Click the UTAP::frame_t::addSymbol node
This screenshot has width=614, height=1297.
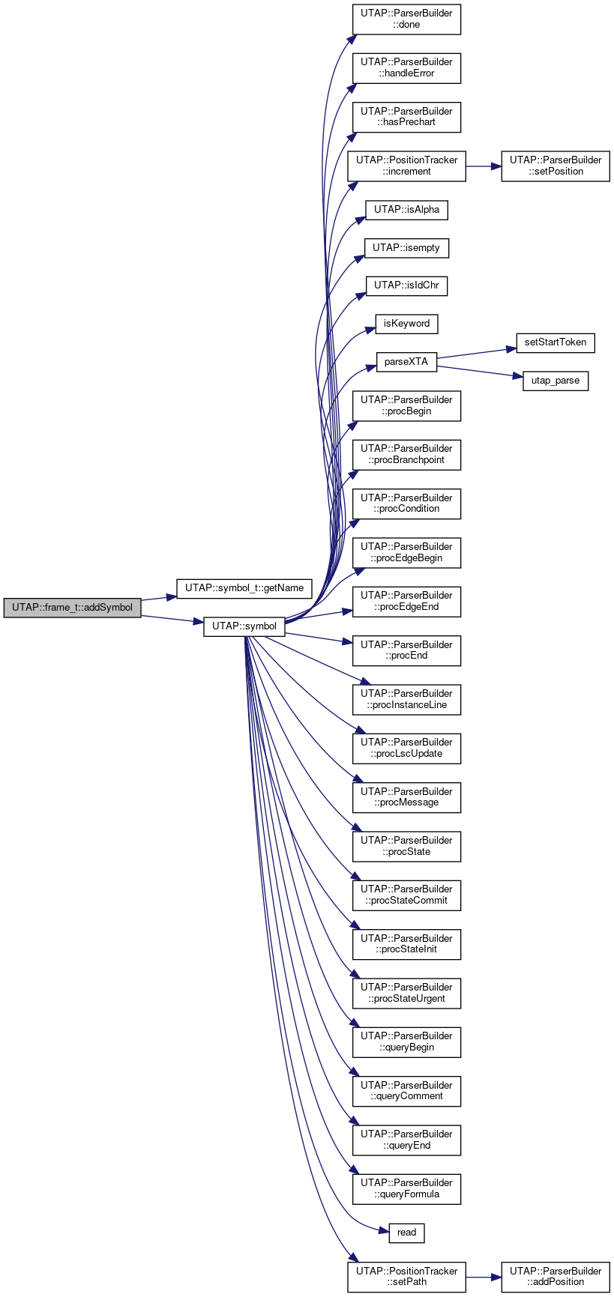72,608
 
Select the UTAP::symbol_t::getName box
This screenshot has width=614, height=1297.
244,588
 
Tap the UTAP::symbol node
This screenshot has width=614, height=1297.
244,626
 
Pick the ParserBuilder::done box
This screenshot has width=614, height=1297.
406,19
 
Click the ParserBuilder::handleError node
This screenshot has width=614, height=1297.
406,67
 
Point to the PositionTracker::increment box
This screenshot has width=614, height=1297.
406,166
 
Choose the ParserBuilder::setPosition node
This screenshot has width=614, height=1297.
556,166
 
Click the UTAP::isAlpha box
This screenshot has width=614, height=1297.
406,210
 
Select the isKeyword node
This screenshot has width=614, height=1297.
406,324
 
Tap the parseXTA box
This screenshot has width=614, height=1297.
406,362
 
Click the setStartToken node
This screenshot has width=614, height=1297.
556,342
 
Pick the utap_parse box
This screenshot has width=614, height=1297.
556,381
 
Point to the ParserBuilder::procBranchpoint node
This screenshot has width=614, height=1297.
406,454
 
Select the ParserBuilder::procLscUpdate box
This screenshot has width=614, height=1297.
406,748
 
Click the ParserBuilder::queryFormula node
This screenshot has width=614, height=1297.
406,1188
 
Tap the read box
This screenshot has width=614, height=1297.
406,1233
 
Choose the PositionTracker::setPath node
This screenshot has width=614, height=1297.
406,1276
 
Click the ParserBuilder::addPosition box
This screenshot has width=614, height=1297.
556,1276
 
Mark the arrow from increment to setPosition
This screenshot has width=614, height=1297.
484,166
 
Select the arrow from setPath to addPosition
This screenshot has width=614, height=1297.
484,1276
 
